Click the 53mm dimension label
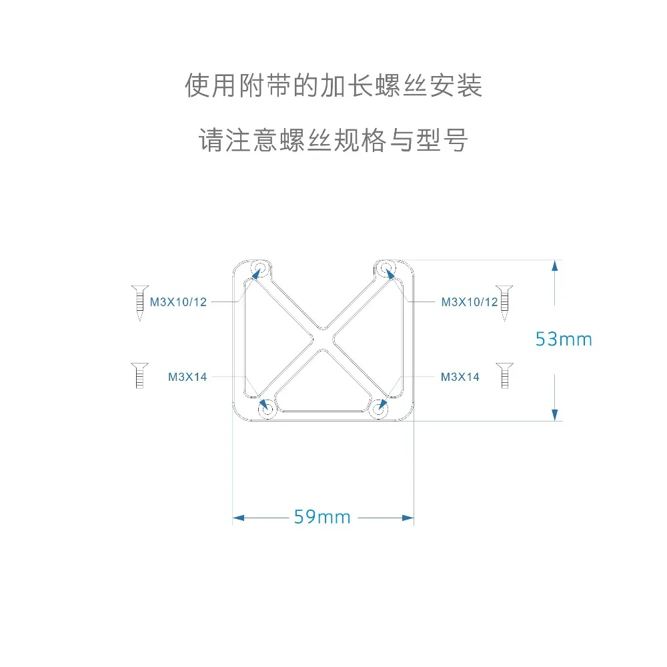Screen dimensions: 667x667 564,340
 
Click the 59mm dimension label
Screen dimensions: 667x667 322,517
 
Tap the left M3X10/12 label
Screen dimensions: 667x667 177,302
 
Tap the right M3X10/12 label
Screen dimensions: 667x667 470,302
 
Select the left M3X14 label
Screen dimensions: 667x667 187,378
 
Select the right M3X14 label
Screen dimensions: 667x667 460,378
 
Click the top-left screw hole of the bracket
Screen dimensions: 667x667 259,268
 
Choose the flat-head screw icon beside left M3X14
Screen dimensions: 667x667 139,376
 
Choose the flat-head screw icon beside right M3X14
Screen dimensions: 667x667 505,376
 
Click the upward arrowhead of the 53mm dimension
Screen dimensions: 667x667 554,265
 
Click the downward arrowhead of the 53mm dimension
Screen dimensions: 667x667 554,414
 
